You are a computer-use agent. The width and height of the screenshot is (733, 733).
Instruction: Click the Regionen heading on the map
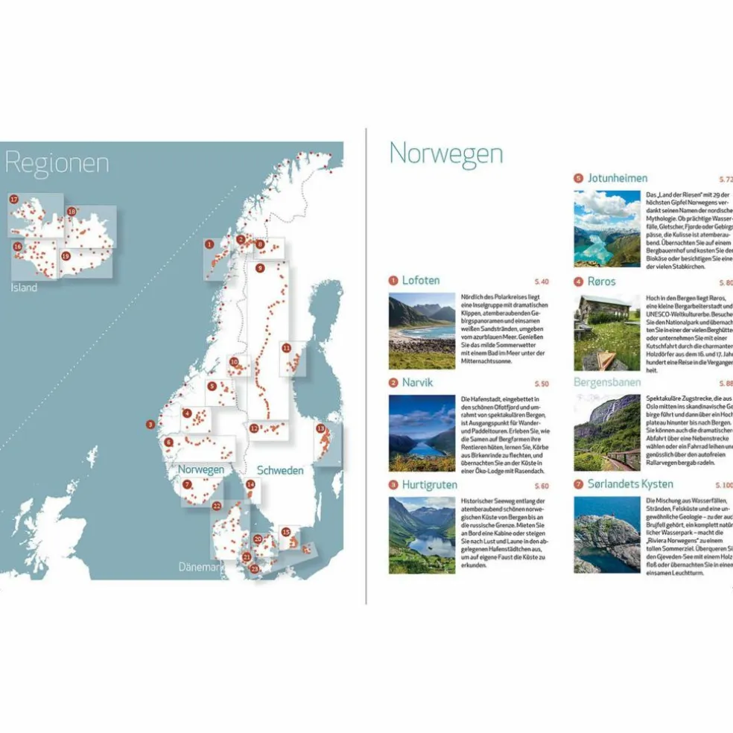(57, 162)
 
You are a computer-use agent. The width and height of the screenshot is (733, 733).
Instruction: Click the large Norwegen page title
(445, 153)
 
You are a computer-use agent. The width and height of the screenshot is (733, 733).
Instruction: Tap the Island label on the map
(23, 288)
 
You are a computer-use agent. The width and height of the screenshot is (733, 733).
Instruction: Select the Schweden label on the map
(280, 470)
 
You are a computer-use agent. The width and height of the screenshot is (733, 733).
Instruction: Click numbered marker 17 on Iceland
(14, 199)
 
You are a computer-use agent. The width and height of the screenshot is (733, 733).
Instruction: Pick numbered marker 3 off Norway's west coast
(150, 425)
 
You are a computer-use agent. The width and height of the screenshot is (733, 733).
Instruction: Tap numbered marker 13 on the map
(320, 429)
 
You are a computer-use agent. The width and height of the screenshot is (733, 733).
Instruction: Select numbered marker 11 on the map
(286, 348)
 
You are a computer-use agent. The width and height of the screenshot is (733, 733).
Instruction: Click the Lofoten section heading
(420, 280)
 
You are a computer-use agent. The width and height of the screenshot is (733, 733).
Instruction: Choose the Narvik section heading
(416, 383)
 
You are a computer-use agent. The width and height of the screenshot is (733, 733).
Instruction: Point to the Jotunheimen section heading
(617, 178)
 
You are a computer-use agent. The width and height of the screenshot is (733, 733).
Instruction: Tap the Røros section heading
(601, 282)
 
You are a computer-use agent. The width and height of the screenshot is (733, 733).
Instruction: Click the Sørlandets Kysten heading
(629, 484)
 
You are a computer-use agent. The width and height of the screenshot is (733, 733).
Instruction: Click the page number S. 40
(542, 282)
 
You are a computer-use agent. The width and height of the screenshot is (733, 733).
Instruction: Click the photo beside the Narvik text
(422, 433)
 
